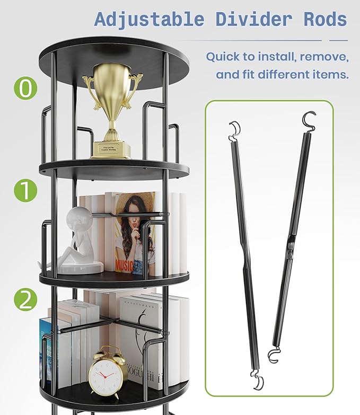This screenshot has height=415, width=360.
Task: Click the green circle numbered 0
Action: coord(25,88)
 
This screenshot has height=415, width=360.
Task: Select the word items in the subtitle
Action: coord(330,74)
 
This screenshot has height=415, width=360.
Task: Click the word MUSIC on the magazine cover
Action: coord(125,263)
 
